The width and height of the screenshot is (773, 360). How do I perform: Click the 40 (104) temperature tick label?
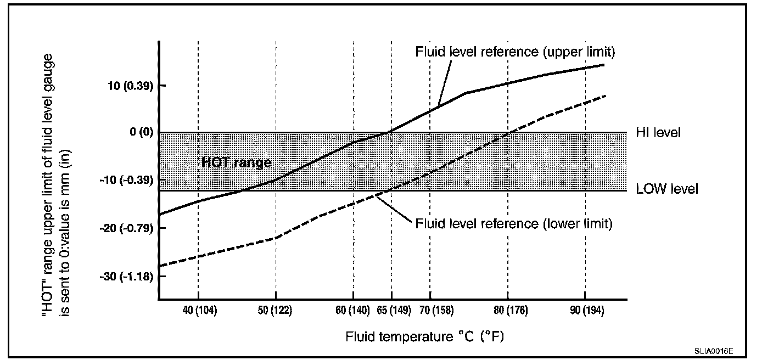coord(199,311)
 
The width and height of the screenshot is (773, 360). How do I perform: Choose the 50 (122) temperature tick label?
coord(275,311)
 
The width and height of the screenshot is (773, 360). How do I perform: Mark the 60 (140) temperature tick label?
coord(354,311)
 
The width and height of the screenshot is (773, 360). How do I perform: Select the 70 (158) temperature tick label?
coord(429,311)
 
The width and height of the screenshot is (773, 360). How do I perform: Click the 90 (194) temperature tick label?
coord(586,311)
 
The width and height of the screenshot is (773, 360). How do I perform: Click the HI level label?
coord(658,133)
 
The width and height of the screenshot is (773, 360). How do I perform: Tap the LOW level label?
coord(667,189)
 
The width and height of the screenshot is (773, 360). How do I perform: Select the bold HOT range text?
coord(236,163)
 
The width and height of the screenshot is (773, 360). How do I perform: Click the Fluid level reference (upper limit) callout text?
coord(514,52)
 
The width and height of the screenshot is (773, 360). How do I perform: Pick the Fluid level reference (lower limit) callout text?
coord(513,224)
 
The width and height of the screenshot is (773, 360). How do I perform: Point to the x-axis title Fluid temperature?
coord(424,336)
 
